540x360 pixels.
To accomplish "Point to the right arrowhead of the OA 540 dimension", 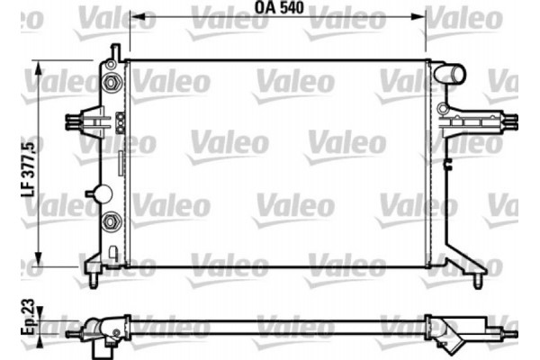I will pos(422,15).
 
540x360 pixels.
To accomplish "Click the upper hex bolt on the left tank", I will pos(111,84).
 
